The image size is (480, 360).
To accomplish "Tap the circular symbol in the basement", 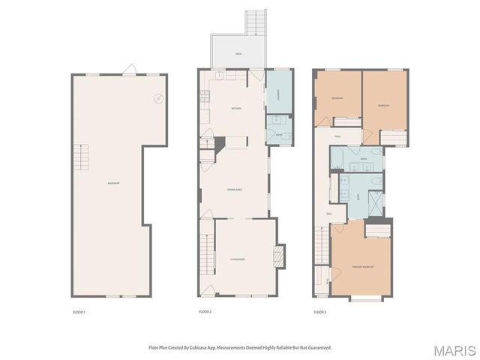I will tap(158, 97).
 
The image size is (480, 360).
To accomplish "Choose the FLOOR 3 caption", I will tap(319, 311).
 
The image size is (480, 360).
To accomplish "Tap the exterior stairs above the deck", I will tap(256, 23).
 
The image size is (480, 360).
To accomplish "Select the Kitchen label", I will tap(235, 109).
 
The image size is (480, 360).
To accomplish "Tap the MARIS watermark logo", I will tap(454, 350).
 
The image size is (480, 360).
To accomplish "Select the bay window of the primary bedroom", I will tap(366, 298).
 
